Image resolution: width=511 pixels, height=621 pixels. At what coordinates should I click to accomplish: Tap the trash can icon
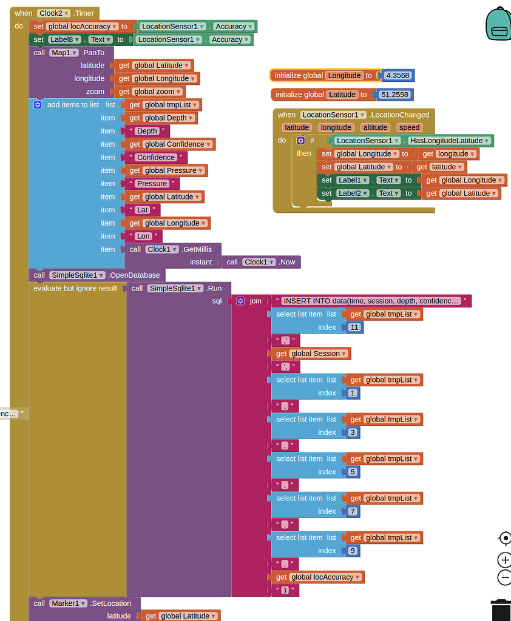pyautogui.click(x=501, y=609)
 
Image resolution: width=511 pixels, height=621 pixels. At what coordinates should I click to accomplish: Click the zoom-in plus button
pyautogui.click(x=504, y=560)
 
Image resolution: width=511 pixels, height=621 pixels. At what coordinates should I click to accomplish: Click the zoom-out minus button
pyautogui.click(x=504, y=577)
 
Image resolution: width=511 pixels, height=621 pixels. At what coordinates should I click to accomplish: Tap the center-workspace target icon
pyautogui.click(x=504, y=538)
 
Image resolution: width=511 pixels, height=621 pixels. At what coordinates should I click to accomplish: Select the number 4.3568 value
pyautogui.click(x=397, y=76)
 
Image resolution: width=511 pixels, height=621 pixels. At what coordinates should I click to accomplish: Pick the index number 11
pyautogui.click(x=355, y=327)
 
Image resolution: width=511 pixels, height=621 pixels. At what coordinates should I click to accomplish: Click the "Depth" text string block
pyautogui.click(x=147, y=131)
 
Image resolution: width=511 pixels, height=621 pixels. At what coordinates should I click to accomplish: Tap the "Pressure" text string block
pyautogui.click(x=152, y=184)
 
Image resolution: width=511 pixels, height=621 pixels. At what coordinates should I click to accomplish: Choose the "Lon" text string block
pyautogui.click(x=143, y=237)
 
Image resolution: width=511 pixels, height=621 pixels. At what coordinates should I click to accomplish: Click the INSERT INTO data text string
pyautogui.click(x=371, y=301)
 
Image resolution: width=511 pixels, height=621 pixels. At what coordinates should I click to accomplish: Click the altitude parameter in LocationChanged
pyautogui.click(x=375, y=127)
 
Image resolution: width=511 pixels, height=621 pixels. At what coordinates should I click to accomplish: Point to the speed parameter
pyautogui.click(x=409, y=127)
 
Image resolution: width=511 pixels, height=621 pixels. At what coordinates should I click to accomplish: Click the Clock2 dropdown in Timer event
pyautogui.click(x=53, y=13)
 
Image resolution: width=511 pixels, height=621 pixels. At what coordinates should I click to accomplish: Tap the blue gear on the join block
pyautogui.click(x=240, y=301)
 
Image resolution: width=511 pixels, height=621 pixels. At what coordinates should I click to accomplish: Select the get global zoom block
pyautogui.click(x=151, y=92)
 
